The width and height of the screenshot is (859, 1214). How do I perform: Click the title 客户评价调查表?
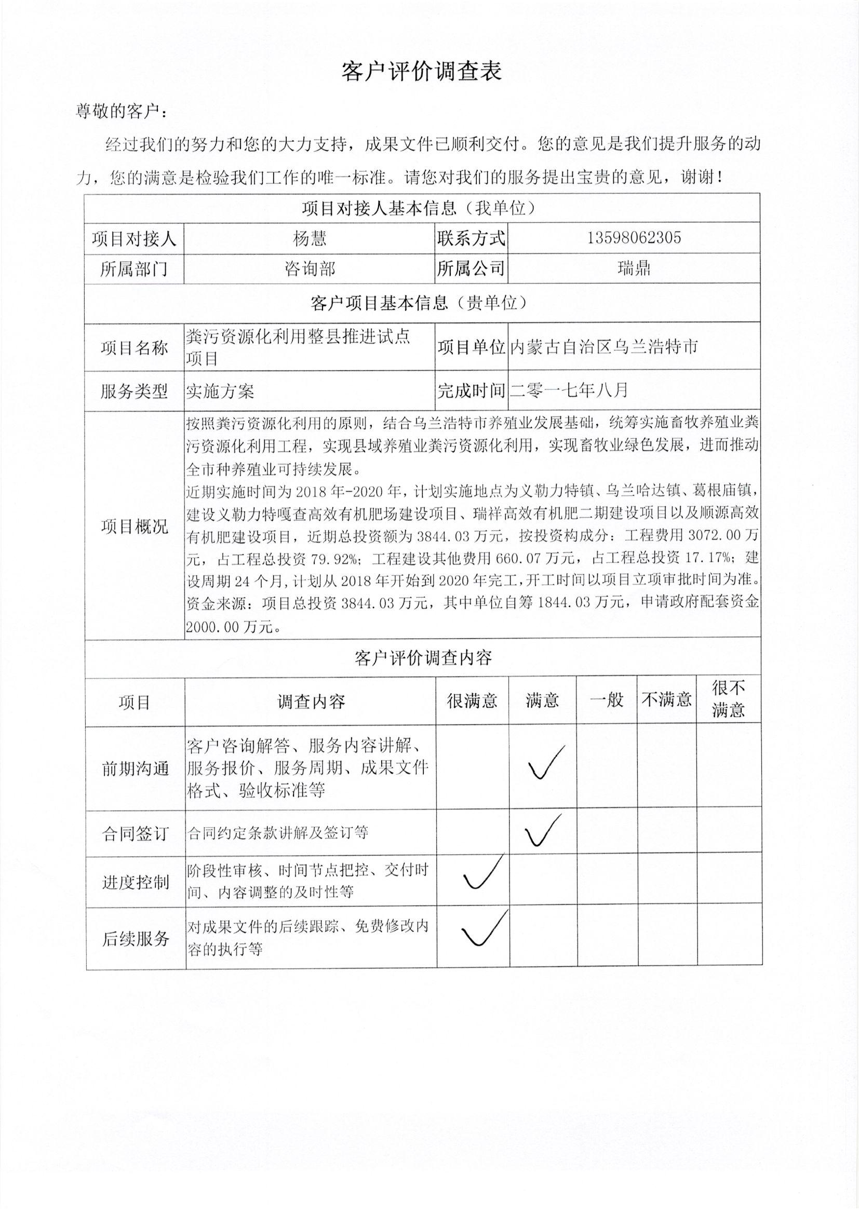tap(421, 71)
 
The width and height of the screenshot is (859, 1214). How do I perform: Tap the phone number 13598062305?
tap(634, 238)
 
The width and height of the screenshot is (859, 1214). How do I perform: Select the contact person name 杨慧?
tap(310, 238)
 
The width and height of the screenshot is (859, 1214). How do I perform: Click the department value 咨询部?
tap(310, 269)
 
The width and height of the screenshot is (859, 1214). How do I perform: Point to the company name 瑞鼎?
tap(634, 269)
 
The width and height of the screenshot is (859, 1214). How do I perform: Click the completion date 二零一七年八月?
tap(569, 390)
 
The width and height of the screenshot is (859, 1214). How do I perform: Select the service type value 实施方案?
tap(220, 392)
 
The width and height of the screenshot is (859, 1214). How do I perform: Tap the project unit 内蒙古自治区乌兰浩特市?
tap(603, 347)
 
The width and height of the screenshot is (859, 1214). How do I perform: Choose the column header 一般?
tap(606, 700)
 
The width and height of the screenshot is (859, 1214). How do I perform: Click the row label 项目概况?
tap(135, 526)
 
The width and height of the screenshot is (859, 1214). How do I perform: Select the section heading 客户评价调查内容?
tap(423, 658)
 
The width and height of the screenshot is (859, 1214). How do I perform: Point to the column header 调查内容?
tap(311, 702)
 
